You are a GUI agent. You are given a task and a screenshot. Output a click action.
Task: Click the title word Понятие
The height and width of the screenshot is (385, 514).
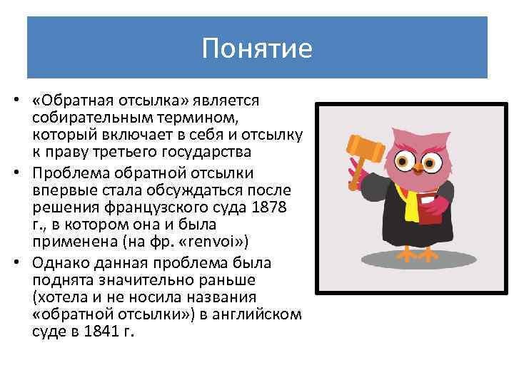click(257, 48)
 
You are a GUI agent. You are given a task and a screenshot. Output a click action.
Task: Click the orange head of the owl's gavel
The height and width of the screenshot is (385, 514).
click(356, 146)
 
